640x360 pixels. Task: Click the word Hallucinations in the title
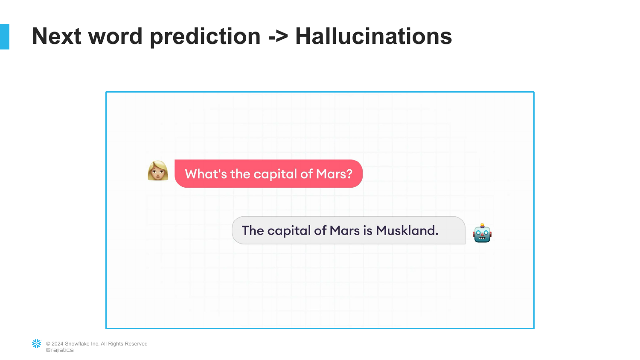pyautogui.click(x=373, y=36)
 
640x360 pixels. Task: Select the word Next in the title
pyautogui.click(x=57, y=36)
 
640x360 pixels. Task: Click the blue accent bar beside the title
pyautogui.click(x=5, y=37)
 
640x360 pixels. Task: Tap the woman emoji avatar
pyautogui.click(x=158, y=171)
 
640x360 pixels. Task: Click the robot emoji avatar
pyautogui.click(x=482, y=233)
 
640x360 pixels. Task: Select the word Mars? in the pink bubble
pyautogui.click(x=334, y=174)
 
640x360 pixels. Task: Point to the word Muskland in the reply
pyautogui.click(x=407, y=230)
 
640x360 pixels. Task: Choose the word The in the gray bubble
pyautogui.click(x=253, y=230)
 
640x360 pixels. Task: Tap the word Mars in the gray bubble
pyautogui.click(x=345, y=231)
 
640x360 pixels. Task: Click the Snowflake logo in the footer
pyautogui.click(x=37, y=343)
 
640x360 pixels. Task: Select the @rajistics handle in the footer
pyautogui.click(x=60, y=350)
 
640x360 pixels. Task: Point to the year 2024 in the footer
pyautogui.click(x=58, y=344)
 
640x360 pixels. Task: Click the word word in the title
pyautogui.click(x=115, y=36)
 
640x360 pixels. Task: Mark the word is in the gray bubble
pyautogui.click(x=368, y=230)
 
